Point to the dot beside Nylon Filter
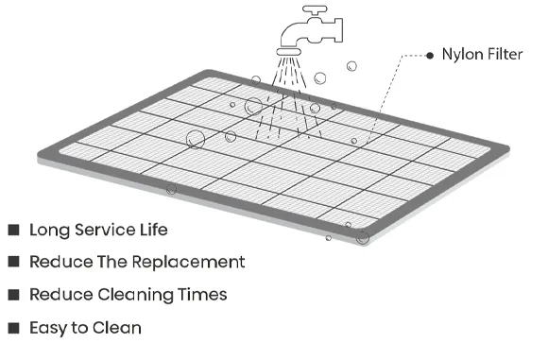coord(429,55)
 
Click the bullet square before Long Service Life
coord(13,230)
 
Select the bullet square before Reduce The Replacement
coord(13,262)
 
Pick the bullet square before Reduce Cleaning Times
coord(13,295)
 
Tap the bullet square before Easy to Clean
coord(13,328)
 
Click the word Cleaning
coord(136,295)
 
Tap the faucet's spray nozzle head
coord(290,43)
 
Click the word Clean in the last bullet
coord(120,328)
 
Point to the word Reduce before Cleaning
coord(60,295)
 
